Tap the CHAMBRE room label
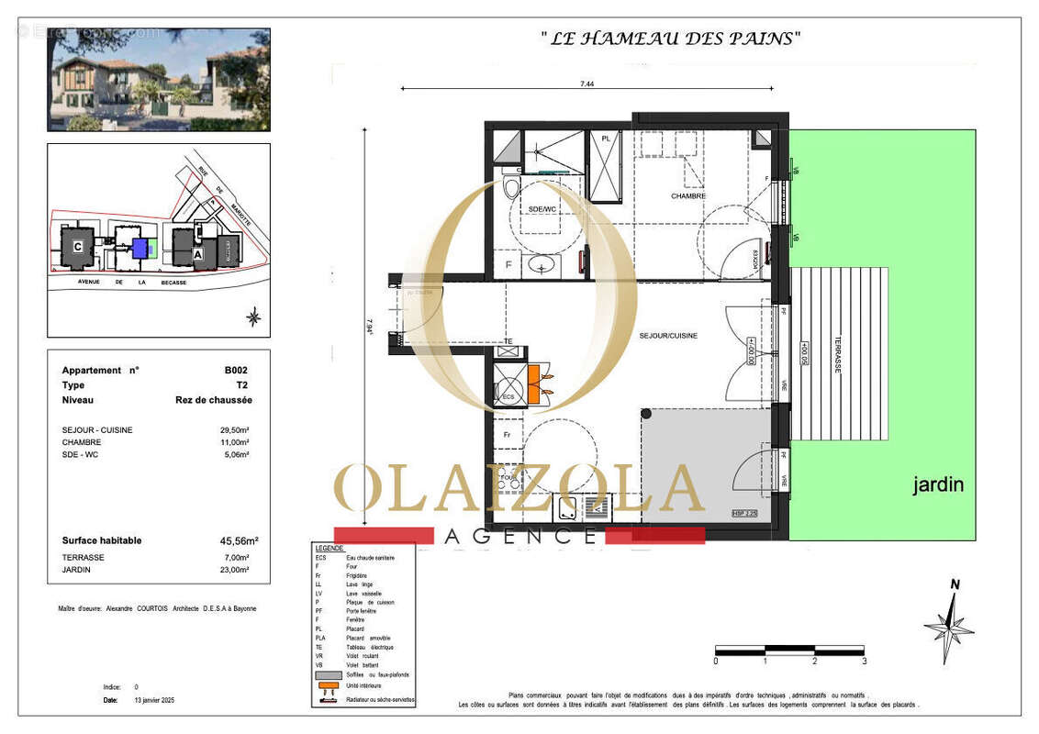click(687, 195)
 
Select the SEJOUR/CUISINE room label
click(668, 336)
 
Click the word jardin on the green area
click(937, 485)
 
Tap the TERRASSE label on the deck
click(837, 352)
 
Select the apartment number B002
click(236, 371)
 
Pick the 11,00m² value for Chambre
click(236, 442)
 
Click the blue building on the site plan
click(140, 248)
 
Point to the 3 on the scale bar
click(864, 661)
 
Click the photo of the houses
click(159, 80)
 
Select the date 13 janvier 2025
click(153, 700)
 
